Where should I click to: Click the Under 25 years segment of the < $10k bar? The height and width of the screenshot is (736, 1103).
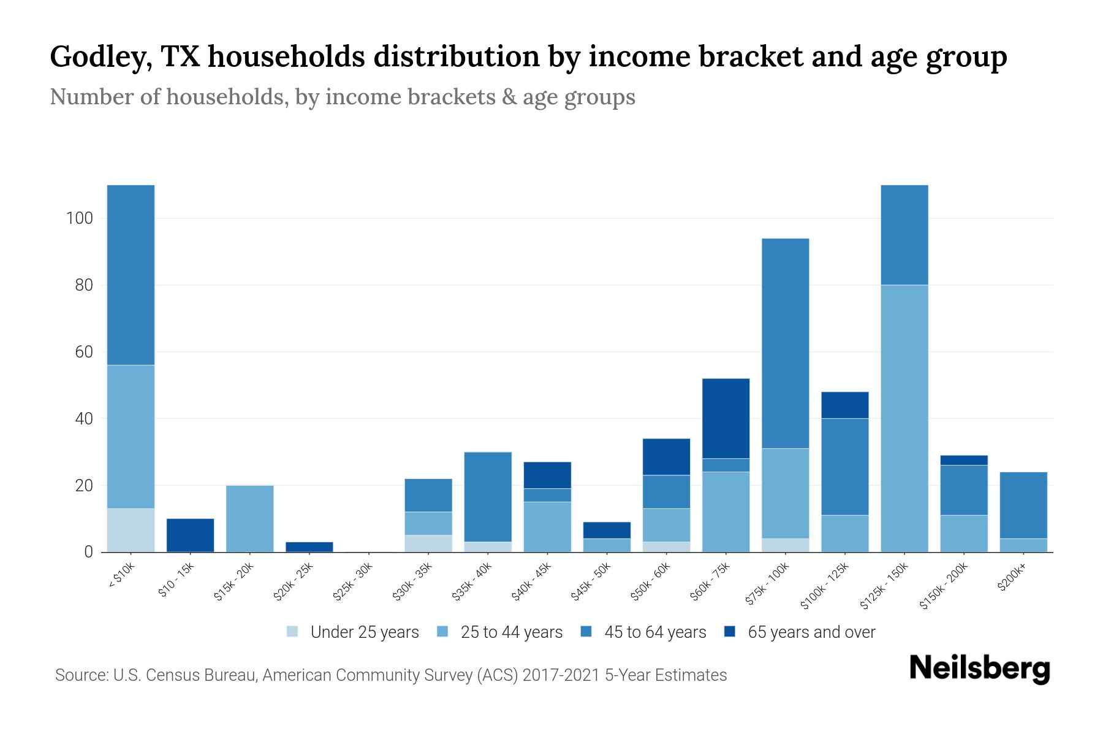pos(131,530)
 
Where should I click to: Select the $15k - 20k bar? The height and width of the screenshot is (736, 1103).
pos(249,519)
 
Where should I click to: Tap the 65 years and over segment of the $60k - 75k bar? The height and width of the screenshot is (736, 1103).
pos(726,418)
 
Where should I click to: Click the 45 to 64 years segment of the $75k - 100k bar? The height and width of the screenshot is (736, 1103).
pos(785,343)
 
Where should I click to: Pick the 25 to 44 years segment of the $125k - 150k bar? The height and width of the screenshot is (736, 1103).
pos(904,418)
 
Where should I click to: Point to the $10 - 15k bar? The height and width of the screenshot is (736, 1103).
pos(190,535)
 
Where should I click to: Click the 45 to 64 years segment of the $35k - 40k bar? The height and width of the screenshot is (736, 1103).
pos(488,497)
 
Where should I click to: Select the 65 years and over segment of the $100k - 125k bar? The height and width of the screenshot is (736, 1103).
pos(844,405)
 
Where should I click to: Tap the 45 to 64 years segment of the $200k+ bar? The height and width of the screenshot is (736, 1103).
pos(1023,505)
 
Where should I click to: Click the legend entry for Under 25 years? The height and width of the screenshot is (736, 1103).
pos(353,632)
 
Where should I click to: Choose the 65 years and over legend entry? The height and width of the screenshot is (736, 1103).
pos(800,632)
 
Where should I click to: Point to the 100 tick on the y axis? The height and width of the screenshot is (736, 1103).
pos(80,218)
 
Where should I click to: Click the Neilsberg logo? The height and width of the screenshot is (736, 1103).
pos(979,669)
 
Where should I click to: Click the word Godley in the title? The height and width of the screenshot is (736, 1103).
pos(100,57)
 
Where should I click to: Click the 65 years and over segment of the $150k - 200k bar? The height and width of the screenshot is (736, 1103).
pos(963,460)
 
